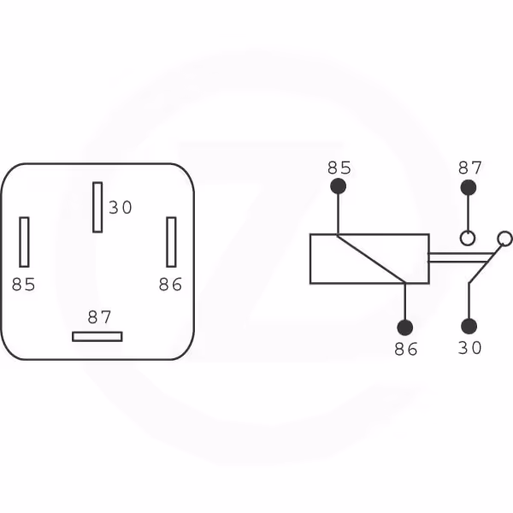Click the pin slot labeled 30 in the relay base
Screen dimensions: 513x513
tap(97, 208)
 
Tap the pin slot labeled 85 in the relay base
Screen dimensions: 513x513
tap(24, 242)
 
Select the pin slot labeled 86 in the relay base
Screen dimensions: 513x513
tap(172, 242)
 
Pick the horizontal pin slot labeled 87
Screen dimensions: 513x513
tap(97, 337)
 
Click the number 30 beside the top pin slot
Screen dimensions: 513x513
tap(121, 208)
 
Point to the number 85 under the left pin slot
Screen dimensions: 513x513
tap(24, 285)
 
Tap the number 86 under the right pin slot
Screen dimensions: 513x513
tap(170, 285)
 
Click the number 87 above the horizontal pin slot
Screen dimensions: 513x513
tap(99, 317)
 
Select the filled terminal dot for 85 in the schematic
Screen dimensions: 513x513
tap(338, 186)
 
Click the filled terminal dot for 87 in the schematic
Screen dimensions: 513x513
tap(469, 188)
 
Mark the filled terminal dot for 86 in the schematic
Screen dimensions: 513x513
tap(404, 327)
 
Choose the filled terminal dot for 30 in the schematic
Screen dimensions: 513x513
tap(469, 327)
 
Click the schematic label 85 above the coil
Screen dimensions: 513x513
tap(339, 168)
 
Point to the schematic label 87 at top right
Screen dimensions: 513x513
tap(469, 168)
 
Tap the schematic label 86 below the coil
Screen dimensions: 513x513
tap(406, 349)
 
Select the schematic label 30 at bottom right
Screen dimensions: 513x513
tap(469, 348)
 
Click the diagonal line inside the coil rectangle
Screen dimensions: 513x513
tap(371, 259)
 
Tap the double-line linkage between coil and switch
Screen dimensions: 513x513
tap(461, 257)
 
